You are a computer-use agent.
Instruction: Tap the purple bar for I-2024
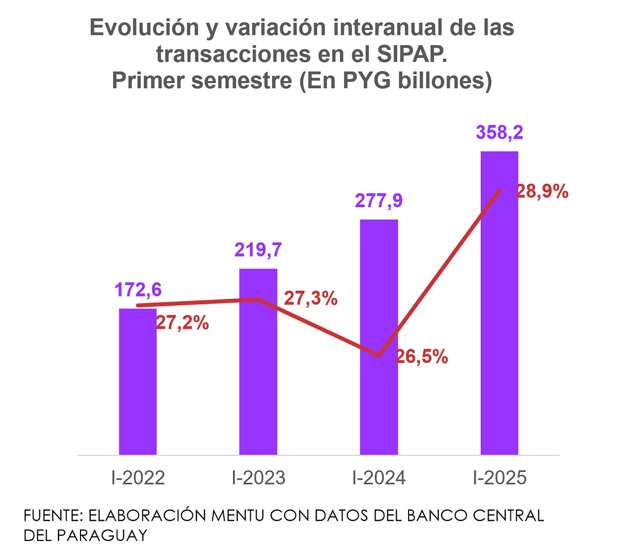(378, 337)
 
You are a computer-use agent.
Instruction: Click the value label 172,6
(138, 290)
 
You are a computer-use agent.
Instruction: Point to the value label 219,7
(258, 250)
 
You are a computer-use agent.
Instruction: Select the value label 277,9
(378, 200)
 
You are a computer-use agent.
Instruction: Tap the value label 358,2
(499, 132)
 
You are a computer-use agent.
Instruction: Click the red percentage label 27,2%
(182, 323)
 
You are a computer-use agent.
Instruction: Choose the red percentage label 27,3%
(310, 299)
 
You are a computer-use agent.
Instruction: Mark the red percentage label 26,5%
(421, 357)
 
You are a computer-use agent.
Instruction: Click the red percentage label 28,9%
(541, 192)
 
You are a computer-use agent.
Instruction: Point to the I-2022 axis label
(138, 478)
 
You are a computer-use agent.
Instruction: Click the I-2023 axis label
(259, 478)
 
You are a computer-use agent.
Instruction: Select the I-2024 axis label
(379, 478)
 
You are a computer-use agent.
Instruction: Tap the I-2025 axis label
(499, 478)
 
